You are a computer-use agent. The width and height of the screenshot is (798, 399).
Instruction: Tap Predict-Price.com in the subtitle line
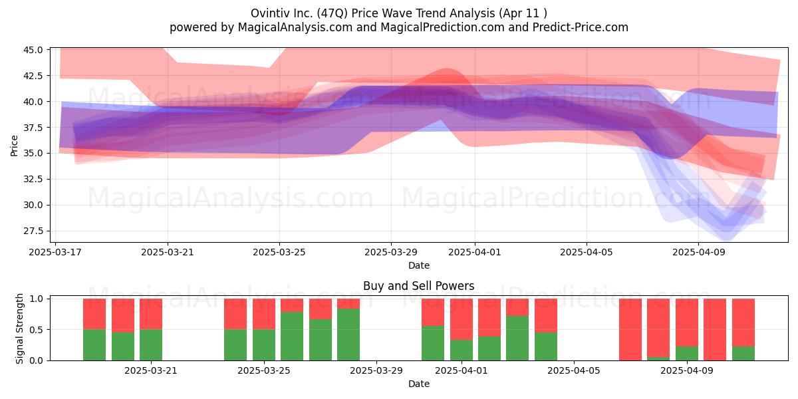point(581,27)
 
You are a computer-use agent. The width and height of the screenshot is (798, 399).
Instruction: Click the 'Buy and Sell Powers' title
point(418,286)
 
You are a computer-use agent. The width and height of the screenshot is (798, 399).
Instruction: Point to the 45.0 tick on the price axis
point(33,50)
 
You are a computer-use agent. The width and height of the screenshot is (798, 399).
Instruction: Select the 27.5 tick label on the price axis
point(33,231)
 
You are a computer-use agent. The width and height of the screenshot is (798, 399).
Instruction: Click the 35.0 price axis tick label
point(33,153)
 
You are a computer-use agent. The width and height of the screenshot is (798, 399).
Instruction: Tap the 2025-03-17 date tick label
point(55,252)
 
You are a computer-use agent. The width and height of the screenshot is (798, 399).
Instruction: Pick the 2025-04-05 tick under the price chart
point(587,252)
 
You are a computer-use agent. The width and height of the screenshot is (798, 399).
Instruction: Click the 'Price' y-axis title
point(14,146)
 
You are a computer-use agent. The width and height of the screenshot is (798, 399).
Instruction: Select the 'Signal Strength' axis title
point(19,329)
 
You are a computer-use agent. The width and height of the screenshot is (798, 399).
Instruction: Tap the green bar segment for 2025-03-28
point(348,334)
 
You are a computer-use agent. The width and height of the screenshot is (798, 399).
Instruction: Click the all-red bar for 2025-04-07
point(630,330)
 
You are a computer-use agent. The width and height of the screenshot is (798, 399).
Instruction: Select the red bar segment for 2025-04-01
point(462,319)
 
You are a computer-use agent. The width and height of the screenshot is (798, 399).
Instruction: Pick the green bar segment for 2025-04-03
point(517,338)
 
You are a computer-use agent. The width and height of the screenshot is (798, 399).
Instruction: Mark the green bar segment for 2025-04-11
point(743,353)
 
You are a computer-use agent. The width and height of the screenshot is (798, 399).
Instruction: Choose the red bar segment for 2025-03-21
point(151,314)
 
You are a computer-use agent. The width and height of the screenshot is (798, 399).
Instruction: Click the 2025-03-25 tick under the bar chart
point(263,370)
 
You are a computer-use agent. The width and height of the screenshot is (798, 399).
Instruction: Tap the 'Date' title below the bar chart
point(418,384)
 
